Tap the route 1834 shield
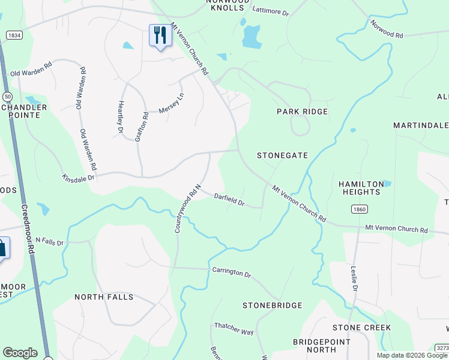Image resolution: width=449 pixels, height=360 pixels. click(14, 35)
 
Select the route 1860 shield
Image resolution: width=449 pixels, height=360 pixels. click(359, 209)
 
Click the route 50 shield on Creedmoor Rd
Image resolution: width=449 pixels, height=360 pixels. click(7, 96)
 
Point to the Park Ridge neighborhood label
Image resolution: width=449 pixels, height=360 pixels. click(302, 112)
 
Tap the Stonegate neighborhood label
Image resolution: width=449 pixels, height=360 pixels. click(282, 155)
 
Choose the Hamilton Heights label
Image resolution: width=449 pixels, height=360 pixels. click(360, 188)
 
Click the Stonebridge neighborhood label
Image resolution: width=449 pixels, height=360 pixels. click(272, 305)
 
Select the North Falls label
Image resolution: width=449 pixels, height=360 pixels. click(103, 297)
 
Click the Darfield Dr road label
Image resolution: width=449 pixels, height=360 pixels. click(229, 199)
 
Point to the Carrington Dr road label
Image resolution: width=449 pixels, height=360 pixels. click(231, 272)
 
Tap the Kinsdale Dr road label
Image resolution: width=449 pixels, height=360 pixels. click(79, 178)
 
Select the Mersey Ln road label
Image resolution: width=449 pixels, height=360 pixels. click(172, 104)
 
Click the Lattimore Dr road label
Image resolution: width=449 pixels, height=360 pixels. click(271, 11)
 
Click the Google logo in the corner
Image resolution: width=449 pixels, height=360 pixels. click(20, 353)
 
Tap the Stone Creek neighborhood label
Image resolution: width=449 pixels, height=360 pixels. click(362, 328)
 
